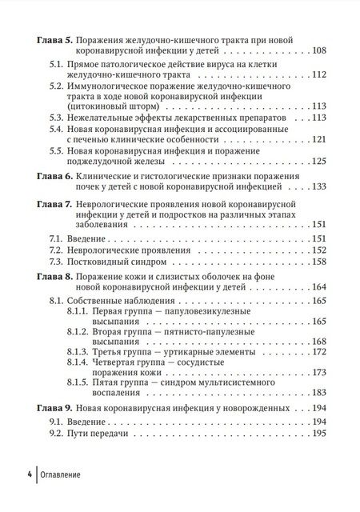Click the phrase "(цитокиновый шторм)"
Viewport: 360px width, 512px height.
(121, 105)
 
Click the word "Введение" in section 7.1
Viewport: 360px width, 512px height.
(95, 238)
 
